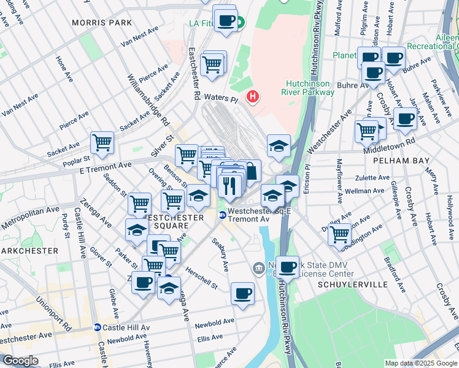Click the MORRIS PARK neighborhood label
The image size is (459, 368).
point(93,23)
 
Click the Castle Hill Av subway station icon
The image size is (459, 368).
point(97,328)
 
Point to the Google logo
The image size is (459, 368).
point(20,361)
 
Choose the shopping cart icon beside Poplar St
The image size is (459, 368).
point(102,143)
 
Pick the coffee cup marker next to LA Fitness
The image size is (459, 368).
point(225,20)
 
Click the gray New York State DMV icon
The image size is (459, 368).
point(258,268)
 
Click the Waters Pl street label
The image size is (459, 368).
point(220,98)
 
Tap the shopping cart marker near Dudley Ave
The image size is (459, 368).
point(339,234)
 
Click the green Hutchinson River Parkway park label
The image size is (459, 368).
point(310,88)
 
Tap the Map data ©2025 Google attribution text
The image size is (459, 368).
point(420,363)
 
